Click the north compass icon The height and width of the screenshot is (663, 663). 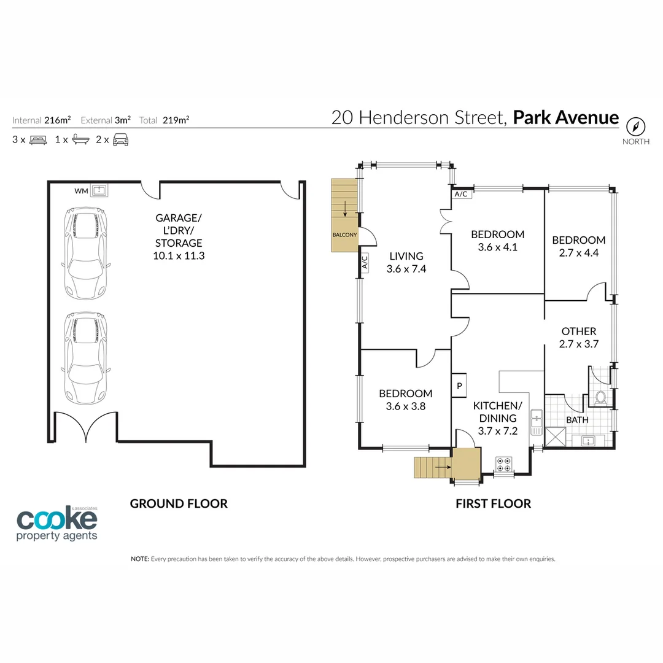click(x=636, y=126)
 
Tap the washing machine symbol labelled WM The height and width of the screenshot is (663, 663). click(x=99, y=191)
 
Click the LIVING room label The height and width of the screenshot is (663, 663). click(x=406, y=256)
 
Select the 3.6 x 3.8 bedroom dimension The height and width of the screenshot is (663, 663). click(x=405, y=406)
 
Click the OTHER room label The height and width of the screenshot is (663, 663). click(x=578, y=331)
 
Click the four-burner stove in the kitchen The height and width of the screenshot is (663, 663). click(x=504, y=464)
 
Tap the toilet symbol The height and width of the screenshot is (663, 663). click(x=600, y=397)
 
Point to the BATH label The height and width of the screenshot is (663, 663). click(x=577, y=420)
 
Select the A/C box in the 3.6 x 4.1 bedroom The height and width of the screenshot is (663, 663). click(x=460, y=194)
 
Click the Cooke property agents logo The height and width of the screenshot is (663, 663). click(x=56, y=524)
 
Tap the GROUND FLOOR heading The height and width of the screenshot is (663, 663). click(x=179, y=503)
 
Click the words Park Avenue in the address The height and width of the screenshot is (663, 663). click(x=565, y=117)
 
